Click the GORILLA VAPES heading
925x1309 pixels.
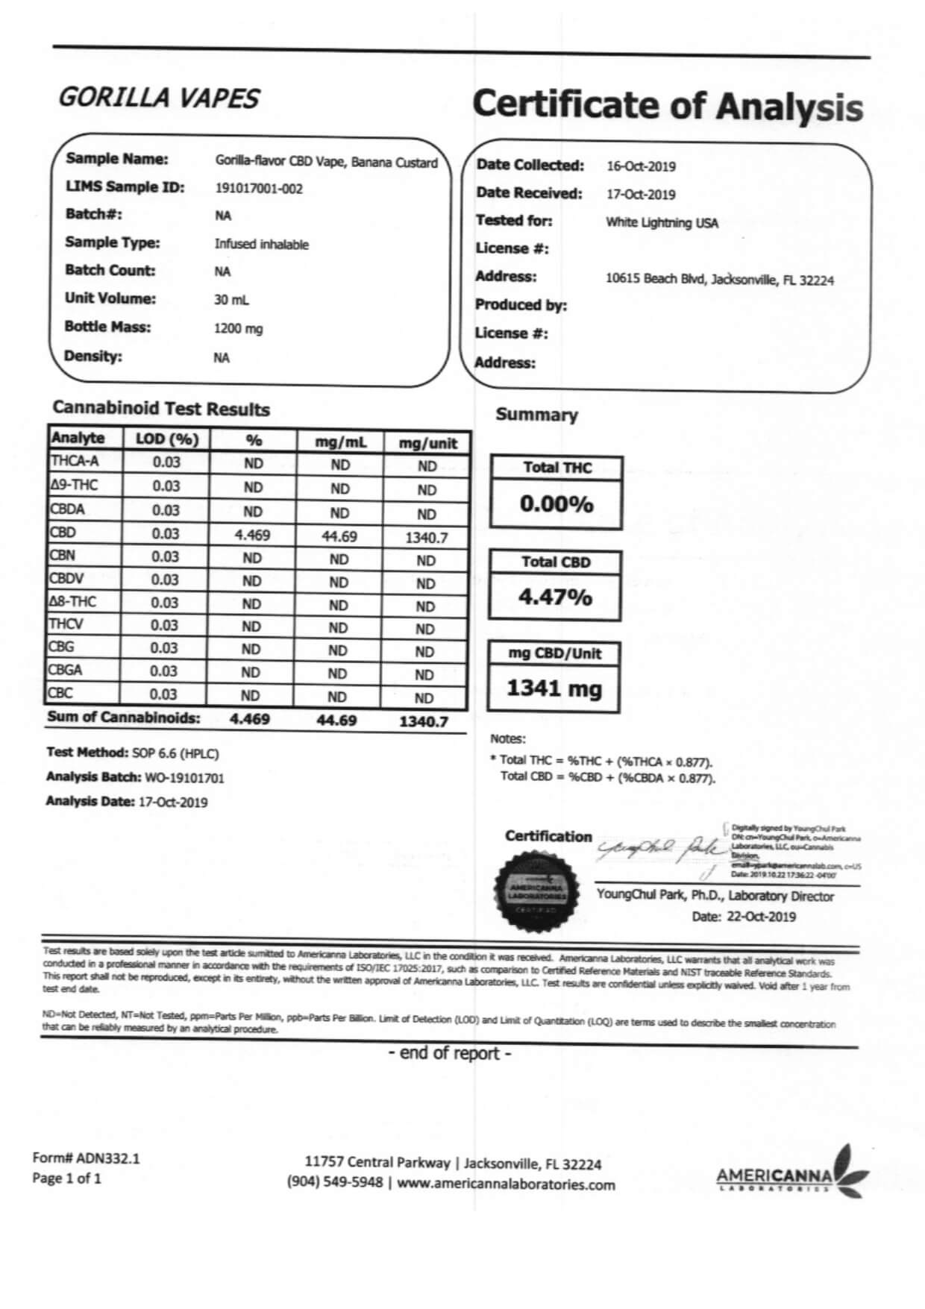pyautogui.click(x=158, y=98)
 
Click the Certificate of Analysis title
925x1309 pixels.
pyautogui.click(x=667, y=105)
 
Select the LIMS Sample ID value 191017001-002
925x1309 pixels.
pyautogui.click(x=259, y=189)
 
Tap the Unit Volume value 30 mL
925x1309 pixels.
pyautogui.click(x=231, y=300)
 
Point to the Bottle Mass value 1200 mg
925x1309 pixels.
pyautogui.click(x=238, y=328)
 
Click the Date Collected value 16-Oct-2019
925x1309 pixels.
pyautogui.click(x=641, y=166)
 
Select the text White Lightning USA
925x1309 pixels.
pyautogui.click(x=662, y=222)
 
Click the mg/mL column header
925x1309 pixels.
pyautogui.click(x=340, y=442)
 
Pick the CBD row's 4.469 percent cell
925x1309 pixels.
pyautogui.click(x=252, y=536)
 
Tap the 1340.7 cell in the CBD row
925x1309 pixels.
pyautogui.click(x=426, y=538)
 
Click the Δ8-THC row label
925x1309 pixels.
pyautogui.click(x=72, y=602)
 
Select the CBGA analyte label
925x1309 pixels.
pyautogui.click(x=66, y=671)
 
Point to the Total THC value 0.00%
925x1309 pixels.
pyautogui.click(x=556, y=504)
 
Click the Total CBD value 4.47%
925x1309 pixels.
pyautogui.click(x=555, y=597)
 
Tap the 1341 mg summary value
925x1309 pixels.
pyautogui.click(x=554, y=688)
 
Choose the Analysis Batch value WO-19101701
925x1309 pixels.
pyautogui.click(x=184, y=778)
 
